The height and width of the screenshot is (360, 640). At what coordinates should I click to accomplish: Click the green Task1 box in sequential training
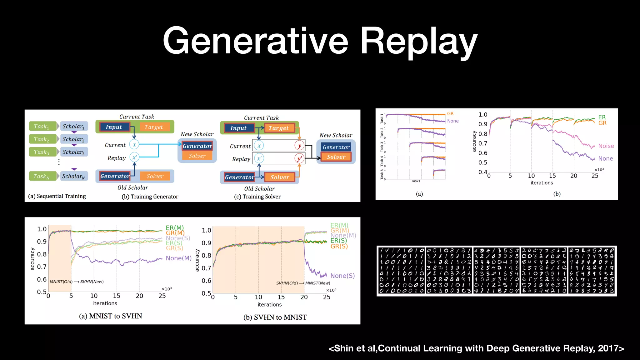point(42,126)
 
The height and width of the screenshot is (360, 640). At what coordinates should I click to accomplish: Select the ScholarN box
point(74,176)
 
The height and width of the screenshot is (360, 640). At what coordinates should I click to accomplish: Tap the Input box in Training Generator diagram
point(114,127)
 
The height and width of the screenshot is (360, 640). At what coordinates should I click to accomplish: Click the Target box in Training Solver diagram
point(279,128)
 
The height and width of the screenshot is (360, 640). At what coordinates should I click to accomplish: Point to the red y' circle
point(299,158)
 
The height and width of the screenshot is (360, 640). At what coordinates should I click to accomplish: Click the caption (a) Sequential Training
point(57,196)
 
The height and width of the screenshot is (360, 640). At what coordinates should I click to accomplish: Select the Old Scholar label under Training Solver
point(259,189)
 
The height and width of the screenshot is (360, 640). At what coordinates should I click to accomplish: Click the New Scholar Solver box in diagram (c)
point(336,157)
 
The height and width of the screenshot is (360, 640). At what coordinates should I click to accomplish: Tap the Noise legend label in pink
point(606,146)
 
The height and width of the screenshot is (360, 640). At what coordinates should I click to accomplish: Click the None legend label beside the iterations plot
point(605,158)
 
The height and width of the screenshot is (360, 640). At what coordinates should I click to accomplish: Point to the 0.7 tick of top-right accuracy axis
point(483,143)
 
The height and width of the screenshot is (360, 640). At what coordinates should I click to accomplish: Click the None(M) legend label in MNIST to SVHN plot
point(178,258)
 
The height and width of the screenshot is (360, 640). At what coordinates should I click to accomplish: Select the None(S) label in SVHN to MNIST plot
point(342,276)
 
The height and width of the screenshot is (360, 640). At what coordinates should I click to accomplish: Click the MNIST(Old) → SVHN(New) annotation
point(77,282)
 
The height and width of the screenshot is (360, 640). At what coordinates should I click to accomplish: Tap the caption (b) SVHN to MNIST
point(275,317)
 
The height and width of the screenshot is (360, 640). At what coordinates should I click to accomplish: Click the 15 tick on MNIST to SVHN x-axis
point(117,296)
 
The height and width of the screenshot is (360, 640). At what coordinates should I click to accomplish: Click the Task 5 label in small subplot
point(382,174)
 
